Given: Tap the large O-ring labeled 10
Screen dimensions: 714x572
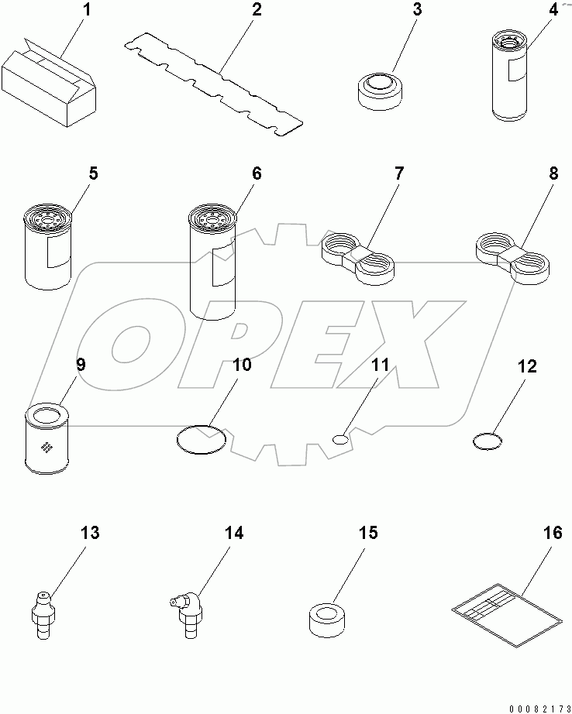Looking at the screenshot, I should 202,439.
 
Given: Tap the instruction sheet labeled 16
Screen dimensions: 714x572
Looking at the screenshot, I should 506,610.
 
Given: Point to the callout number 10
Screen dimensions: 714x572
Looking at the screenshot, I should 242,365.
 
